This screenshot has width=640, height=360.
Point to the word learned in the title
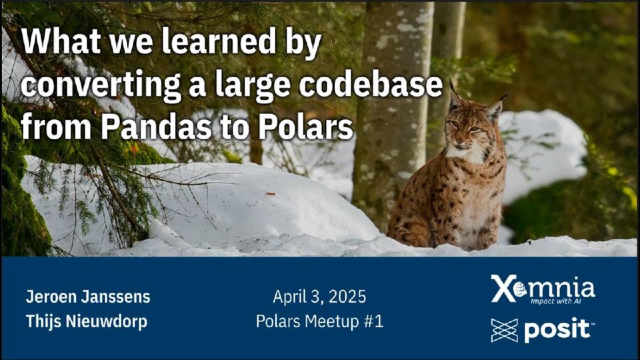206,43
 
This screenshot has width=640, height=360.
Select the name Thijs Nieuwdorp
86,321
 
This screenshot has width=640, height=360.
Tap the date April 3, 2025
319,296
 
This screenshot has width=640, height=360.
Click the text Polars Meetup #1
319,321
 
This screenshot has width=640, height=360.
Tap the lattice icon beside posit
504,330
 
